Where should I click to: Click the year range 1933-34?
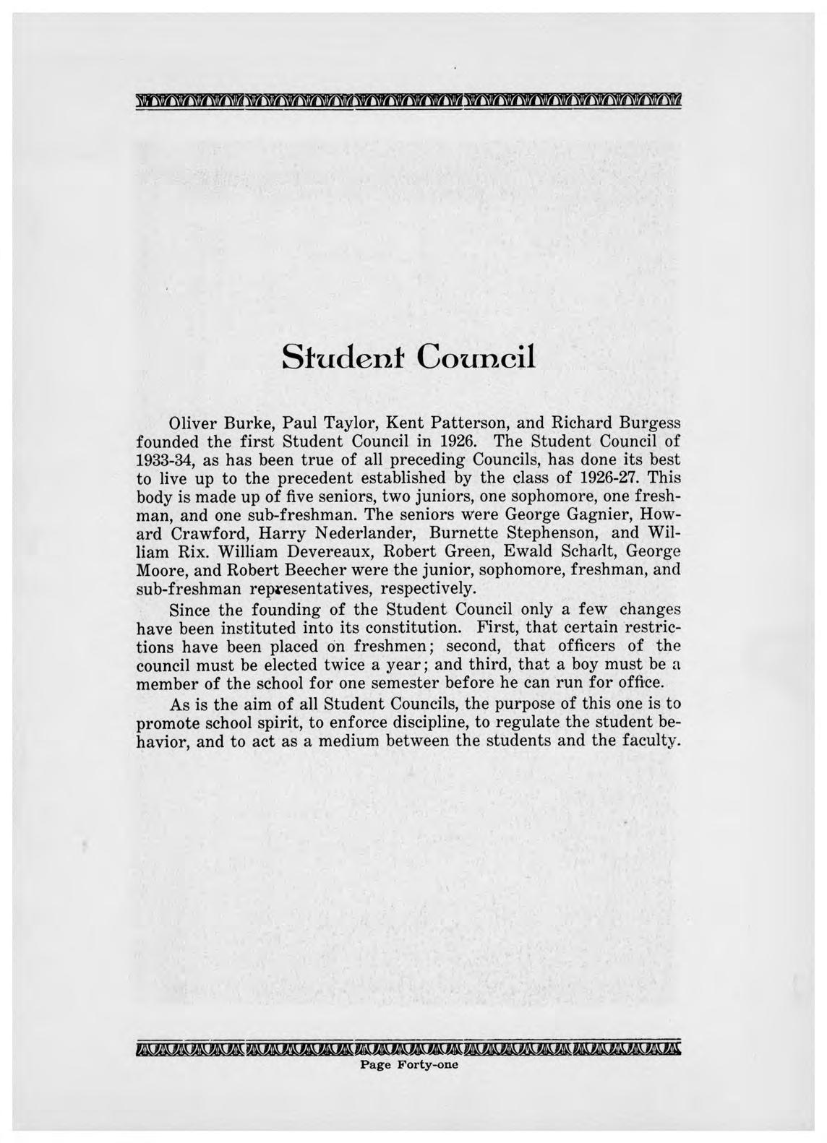[x=163, y=459]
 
